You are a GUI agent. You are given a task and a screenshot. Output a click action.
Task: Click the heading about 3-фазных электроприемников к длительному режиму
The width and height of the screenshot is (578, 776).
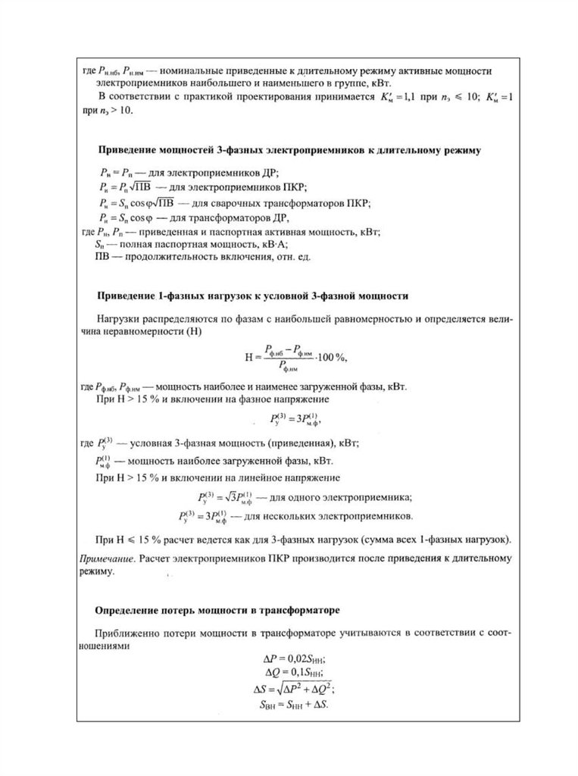click(290, 151)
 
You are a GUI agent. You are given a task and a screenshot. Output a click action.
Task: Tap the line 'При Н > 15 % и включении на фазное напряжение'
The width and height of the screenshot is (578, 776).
click(211, 398)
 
